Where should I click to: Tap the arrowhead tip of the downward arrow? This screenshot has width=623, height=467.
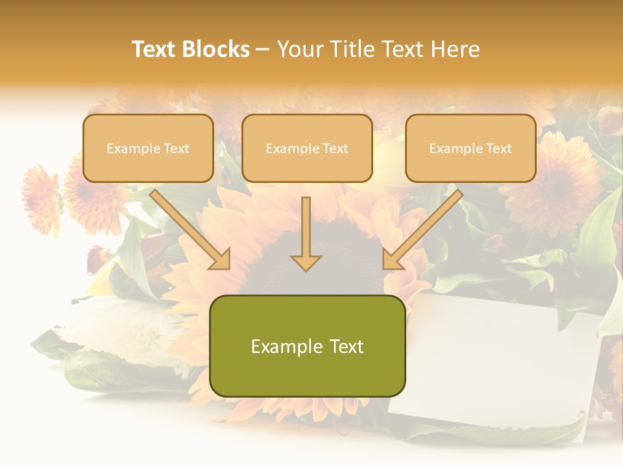(306, 269)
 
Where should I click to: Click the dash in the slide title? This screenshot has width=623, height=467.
(263, 50)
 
